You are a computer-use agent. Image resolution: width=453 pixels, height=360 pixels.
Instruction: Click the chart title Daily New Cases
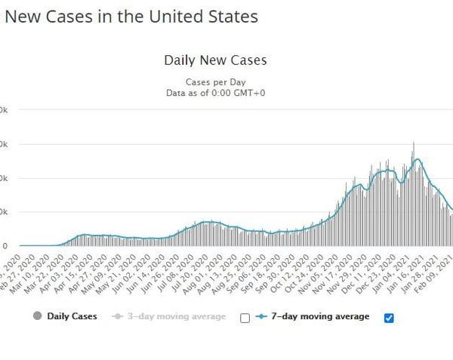tap(215, 60)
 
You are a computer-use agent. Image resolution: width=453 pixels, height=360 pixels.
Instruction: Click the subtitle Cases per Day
tap(215, 82)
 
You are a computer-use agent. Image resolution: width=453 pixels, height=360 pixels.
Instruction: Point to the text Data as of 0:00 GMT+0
tap(215, 93)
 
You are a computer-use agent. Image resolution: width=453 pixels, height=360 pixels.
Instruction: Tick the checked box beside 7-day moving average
tap(389, 318)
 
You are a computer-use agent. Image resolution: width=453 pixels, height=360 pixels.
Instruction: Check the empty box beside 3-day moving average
tap(244, 318)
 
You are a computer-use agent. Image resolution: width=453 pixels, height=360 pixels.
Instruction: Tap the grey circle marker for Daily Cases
tap(38, 316)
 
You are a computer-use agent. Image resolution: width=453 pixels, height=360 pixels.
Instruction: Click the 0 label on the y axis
tap(5, 246)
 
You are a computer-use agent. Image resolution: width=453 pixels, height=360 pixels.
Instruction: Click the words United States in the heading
tap(193, 16)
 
